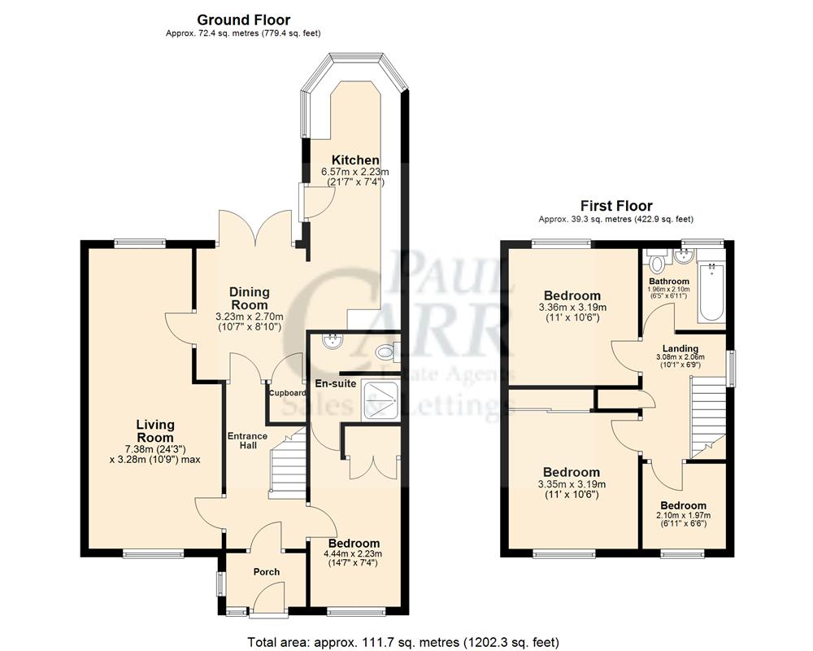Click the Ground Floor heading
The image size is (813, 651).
tap(243, 20)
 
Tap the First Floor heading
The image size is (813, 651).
tap(615, 206)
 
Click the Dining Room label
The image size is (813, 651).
tap(249, 298)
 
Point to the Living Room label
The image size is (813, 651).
tap(155, 430)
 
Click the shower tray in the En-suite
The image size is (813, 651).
tap(381, 400)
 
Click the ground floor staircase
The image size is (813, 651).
tap(288, 468)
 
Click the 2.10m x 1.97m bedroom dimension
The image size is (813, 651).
tap(684, 515)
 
